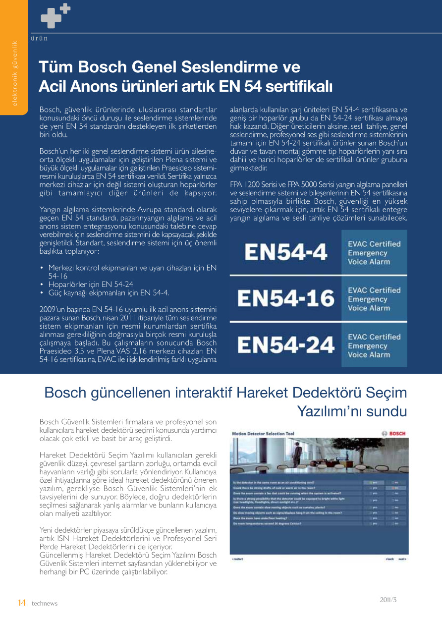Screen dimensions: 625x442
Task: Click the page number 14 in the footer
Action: (x=21, y=603)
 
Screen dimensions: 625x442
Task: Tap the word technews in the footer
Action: (x=45, y=603)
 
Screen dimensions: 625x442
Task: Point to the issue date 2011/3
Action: (x=388, y=599)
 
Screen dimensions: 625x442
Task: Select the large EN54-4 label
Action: (x=286, y=252)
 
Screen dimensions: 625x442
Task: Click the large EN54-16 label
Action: (x=286, y=298)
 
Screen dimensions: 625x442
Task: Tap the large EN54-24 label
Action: (x=286, y=345)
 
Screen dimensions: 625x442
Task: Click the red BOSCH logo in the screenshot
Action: (x=394, y=434)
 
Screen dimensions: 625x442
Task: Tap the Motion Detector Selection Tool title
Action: (x=263, y=434)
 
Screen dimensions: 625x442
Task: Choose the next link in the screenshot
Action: (x=402, y=559)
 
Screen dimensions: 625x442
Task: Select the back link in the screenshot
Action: (x=390, y=559)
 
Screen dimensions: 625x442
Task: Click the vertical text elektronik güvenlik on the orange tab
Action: (x=14, y=73)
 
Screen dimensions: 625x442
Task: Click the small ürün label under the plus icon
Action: (x=39, y=38)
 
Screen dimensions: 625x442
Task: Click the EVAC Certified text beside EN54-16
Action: (x=374, y=290)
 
